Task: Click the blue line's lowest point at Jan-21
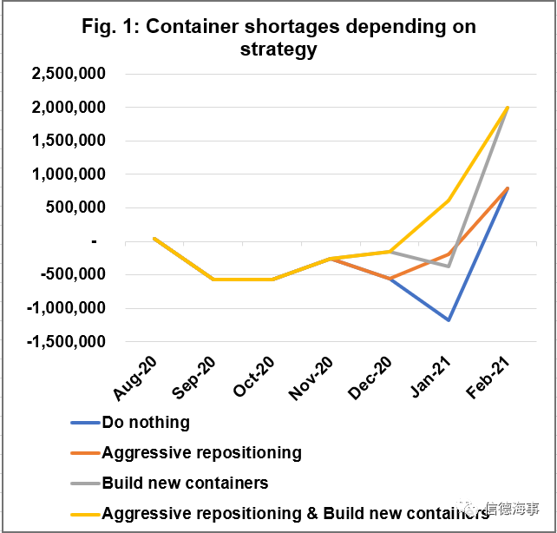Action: (x=449, y=320)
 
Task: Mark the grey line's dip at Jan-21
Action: (x=449, y=266)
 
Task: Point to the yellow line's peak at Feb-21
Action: (x=508, y=108)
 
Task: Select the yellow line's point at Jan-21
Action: (x=449, y=201)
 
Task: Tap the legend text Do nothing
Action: (x=146, y=424)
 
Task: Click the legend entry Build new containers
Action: (x=185, y=484)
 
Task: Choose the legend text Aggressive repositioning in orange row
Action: (x=201, y=453)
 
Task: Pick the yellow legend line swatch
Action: (x=84, y=514)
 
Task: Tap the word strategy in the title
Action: (x=278, y=50)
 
